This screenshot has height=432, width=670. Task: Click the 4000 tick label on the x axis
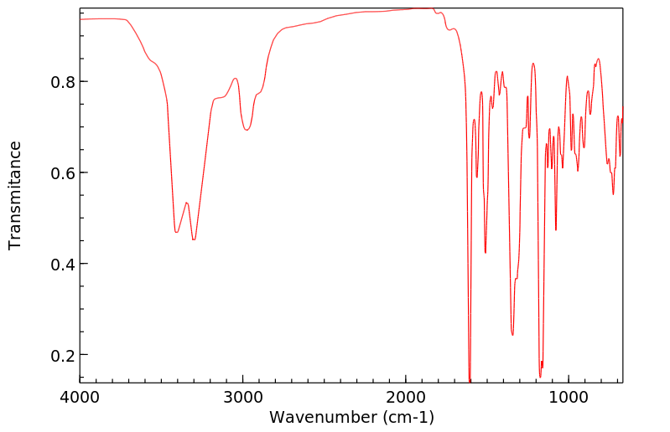pos(80,397)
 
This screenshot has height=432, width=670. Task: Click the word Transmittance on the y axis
pos(15,195)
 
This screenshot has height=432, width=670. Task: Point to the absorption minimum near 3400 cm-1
pos(176,232)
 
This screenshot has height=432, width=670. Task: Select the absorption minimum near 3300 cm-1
pos(194,239)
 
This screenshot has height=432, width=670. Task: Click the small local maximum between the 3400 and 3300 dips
pos(186,203)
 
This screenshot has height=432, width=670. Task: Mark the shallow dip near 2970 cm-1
pos(247,130)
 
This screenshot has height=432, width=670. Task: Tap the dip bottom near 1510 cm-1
pos(486,252)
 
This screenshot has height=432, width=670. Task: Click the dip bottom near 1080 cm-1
pos(556,229)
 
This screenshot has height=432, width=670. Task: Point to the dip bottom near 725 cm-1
pos(613,194)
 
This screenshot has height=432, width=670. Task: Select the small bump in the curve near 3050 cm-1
pos(236,79)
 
